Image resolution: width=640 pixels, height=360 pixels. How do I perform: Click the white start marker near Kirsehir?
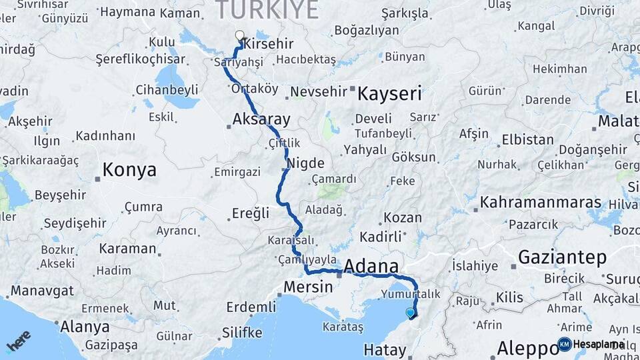coord(240,35)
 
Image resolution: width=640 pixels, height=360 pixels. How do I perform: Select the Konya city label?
coord(130,170)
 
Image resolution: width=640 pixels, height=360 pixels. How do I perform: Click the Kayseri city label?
coord(390,94)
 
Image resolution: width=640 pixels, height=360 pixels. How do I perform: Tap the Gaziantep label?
coord(562,257)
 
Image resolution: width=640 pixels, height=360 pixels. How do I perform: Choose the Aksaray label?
coord(261,120)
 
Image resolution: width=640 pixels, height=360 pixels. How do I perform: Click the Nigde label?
coord(305,163)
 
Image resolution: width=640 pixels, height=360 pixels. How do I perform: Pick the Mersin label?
coord(308,287)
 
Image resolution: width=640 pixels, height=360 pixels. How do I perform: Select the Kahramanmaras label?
coord(541,202)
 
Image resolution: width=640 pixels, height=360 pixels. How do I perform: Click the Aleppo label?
coord(525,348)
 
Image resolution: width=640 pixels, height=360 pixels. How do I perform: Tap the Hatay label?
coord(385,350)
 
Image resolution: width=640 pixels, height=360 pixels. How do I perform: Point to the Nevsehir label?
coord(319,91)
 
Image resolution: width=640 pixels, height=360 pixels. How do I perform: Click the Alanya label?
coord(85,327)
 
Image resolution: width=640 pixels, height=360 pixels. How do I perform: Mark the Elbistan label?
coord(527,140)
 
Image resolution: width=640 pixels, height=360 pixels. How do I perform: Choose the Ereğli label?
coord(251,213)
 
